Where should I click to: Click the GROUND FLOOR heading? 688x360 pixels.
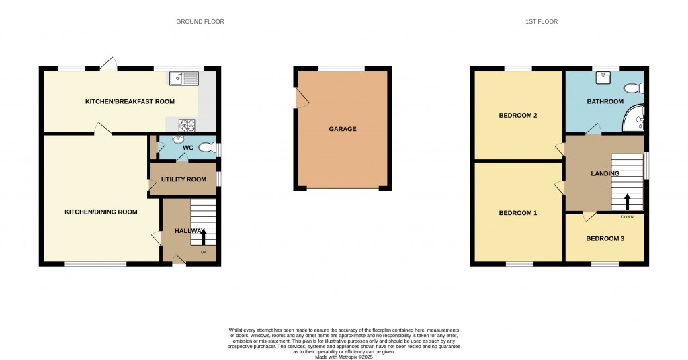[x=200, y=21]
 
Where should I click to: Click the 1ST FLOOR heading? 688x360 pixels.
[x=542, y=21]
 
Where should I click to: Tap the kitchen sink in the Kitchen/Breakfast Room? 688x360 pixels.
[x=183, y=79]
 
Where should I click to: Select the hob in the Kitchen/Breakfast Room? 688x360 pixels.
[x=186, y=124]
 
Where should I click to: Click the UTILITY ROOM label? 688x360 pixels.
[x=183, y=179]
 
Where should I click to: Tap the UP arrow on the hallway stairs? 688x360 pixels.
[x=204, y=236]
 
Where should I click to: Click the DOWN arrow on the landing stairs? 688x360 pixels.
[x=627, y=201]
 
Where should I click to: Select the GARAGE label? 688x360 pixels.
[x=343, y=129]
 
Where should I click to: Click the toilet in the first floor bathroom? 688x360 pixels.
[x=634, y=88]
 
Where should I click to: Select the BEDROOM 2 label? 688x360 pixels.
[x=517, y=115]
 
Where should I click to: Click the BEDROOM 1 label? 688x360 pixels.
[x=517, y=213]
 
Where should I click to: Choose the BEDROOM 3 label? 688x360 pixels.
[x=605, y=238]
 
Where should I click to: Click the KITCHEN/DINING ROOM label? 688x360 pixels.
[x=101, y=212]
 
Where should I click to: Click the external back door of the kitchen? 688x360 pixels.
[x=108, y=64]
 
